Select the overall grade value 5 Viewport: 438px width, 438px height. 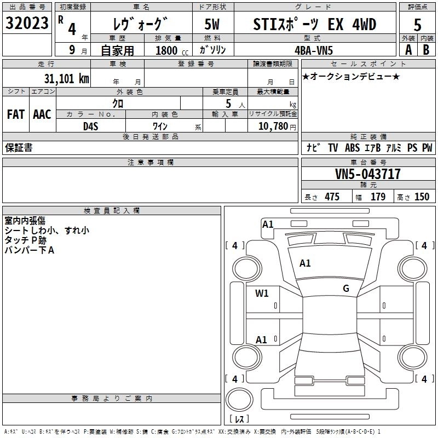[418, 25]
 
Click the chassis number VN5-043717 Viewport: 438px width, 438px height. [368, 174]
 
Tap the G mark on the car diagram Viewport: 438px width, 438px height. [345, 289]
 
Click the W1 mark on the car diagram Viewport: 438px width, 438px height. [262, 293]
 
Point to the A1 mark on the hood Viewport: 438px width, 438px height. [305, 263]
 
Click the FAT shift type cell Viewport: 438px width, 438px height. [15, 114]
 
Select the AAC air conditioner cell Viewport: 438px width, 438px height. [42, 114]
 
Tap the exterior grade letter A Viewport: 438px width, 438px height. [408, 49]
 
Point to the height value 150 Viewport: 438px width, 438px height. [422, 197]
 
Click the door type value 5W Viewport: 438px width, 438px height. [212, 25]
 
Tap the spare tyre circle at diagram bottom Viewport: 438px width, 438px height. [239, 400]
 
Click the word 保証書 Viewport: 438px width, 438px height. [19, 148]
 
